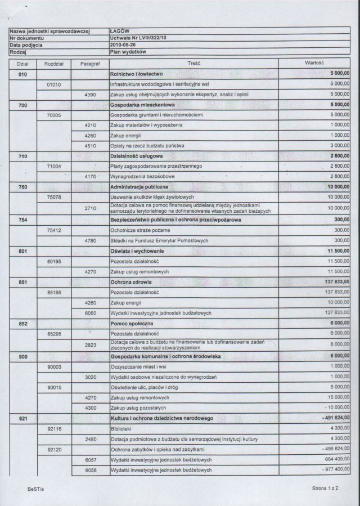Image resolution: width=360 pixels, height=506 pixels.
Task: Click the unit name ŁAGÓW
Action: point(120,32)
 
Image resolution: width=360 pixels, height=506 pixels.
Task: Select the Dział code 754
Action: point(23,220)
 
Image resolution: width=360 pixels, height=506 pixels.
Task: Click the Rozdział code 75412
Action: point(55,230)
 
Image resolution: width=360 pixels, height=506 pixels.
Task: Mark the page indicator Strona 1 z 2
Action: point(328,489)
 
